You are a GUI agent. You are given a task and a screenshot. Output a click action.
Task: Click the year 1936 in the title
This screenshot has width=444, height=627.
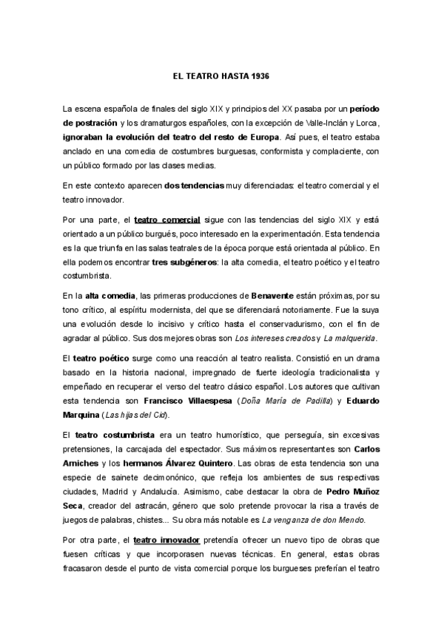[x=259, y=76]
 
